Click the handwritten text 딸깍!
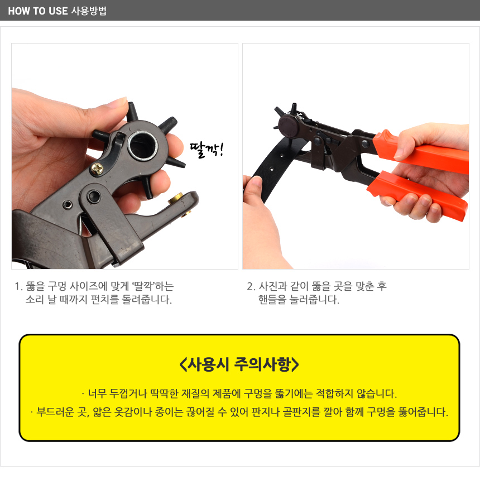(x=207, y=150)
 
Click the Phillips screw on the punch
(x=98, y=169)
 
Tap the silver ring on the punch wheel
(x=142, y=145)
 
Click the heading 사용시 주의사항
(x=239, y=364)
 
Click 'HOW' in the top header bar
(x=19, y=11)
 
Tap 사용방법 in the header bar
(x=89, y=11)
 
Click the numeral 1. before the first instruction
(x=18, y=286)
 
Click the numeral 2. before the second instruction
(x=251, y=286)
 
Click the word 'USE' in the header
(x=58, y=11)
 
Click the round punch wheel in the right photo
(x=289, y=126)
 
